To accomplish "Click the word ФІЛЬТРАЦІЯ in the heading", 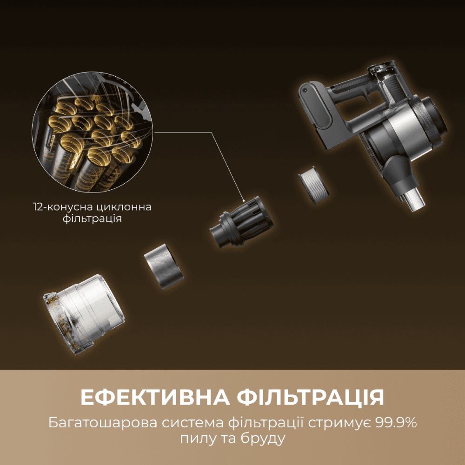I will coord(310,398).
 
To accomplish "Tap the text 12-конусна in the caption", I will coord(59,207).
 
